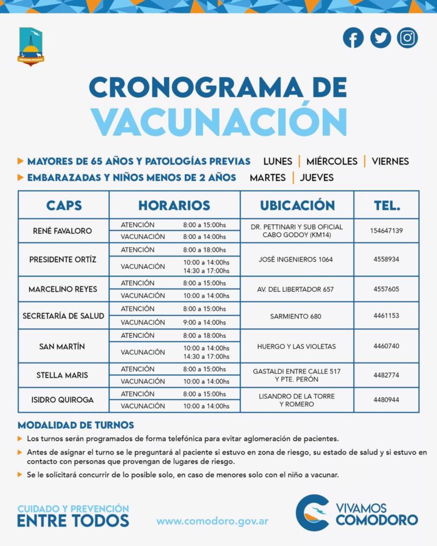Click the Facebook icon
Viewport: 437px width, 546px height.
click(353, 38)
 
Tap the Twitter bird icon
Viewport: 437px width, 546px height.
click(381, 38)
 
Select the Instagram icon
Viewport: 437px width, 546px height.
click(407, 38)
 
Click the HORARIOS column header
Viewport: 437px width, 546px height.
click(174, 205)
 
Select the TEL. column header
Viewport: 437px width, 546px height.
click(386, 205)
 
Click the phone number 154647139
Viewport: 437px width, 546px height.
click(386, 231)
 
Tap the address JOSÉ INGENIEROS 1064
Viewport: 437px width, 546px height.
click(296, 259)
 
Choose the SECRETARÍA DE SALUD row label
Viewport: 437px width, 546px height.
click(63, 316)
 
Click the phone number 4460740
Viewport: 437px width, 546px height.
click(386, 346)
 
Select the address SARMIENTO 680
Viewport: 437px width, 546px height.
click(296, 316)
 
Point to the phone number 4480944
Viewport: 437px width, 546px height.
click(386, 400)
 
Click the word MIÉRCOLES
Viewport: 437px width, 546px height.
click(332, 161)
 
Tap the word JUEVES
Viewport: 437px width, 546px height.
click(317, 177)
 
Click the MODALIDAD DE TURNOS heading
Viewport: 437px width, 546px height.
click(76, 425)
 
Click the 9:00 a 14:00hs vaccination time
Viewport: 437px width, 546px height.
click(206, 322)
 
